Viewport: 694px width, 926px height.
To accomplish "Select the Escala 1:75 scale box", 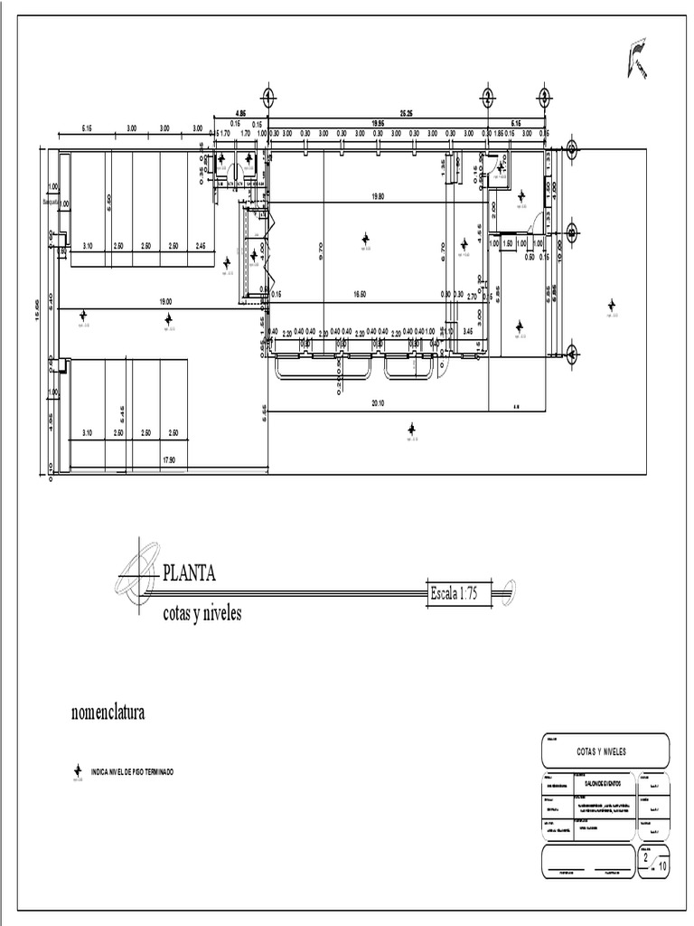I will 458,593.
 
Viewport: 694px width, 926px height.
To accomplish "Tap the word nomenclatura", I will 108,713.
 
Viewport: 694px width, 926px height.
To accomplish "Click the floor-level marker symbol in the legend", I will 78,771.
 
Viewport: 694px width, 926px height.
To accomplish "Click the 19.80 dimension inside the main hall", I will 377,196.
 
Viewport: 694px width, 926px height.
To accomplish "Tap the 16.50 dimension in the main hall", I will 360,294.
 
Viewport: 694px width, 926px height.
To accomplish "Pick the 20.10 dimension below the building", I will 377,404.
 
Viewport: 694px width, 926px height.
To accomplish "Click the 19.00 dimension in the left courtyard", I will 166,302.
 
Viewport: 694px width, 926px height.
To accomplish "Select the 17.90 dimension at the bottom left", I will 168,460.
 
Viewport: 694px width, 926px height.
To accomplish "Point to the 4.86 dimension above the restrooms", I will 240,115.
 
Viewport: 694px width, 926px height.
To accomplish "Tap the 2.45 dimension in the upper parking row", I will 201,246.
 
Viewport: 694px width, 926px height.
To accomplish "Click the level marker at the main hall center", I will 364,236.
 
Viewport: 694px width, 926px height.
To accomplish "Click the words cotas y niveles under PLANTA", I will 202,615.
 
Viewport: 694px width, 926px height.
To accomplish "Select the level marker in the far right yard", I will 612,306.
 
